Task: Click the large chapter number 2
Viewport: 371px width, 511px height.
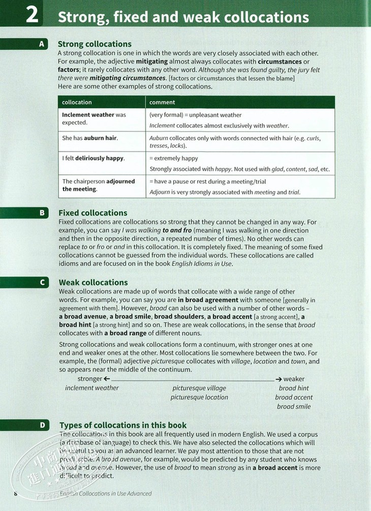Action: (x=32, y=15)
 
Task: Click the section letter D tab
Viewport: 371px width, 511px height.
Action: (x=42, y=425)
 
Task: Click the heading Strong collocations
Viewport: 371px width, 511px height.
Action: (x=95, y=44)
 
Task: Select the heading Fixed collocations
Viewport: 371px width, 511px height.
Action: (x=93, y=213)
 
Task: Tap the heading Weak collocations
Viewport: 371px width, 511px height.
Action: (x=94, y=282)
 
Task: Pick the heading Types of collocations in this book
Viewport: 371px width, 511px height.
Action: (x=123, y=425)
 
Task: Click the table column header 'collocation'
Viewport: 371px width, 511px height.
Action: (x=77, y=102)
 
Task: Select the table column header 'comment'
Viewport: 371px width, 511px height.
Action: (x=162, y=102)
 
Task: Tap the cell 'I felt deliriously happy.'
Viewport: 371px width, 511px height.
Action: (x=93, y=158)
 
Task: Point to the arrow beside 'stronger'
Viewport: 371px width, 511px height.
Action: (x=107, y=379)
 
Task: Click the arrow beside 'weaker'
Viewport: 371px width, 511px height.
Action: (x=279, y=379)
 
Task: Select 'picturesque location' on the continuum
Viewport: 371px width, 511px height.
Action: (x=199, y=397)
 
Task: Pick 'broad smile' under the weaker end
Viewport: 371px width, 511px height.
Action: (x=294, y=406)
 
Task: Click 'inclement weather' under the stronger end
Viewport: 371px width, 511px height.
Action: (x=92, y=388)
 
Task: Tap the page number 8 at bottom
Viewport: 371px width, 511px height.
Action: (x=16, y=493)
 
